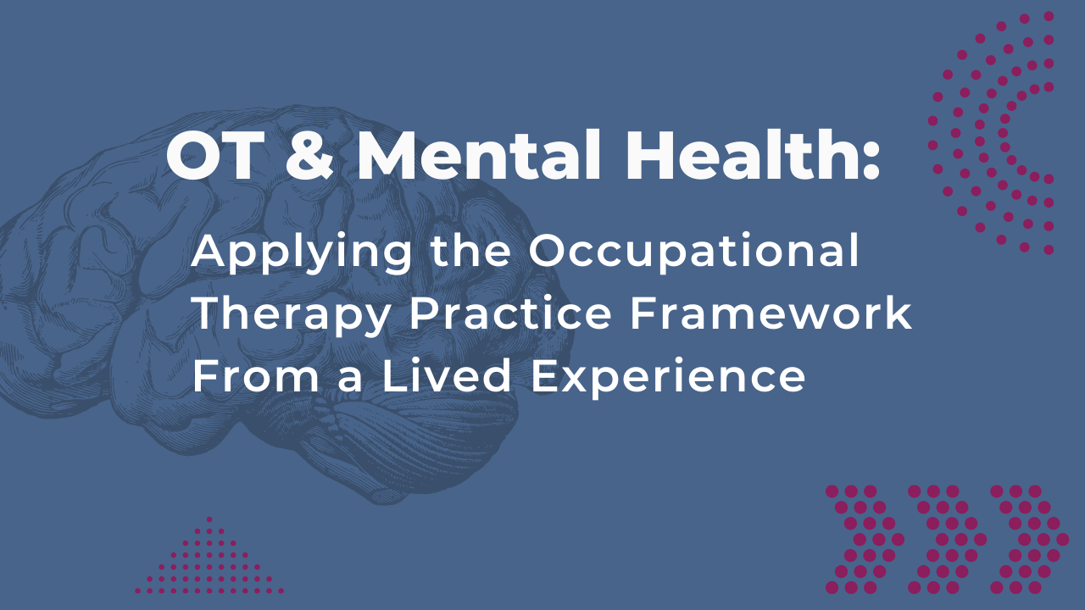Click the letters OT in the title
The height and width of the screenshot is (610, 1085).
pos(215,155)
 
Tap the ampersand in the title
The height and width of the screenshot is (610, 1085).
pos(309,155)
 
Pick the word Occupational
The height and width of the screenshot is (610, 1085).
pos(693,254)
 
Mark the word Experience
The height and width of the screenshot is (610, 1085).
pos(668,379)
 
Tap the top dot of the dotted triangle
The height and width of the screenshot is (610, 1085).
pos(209,519)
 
